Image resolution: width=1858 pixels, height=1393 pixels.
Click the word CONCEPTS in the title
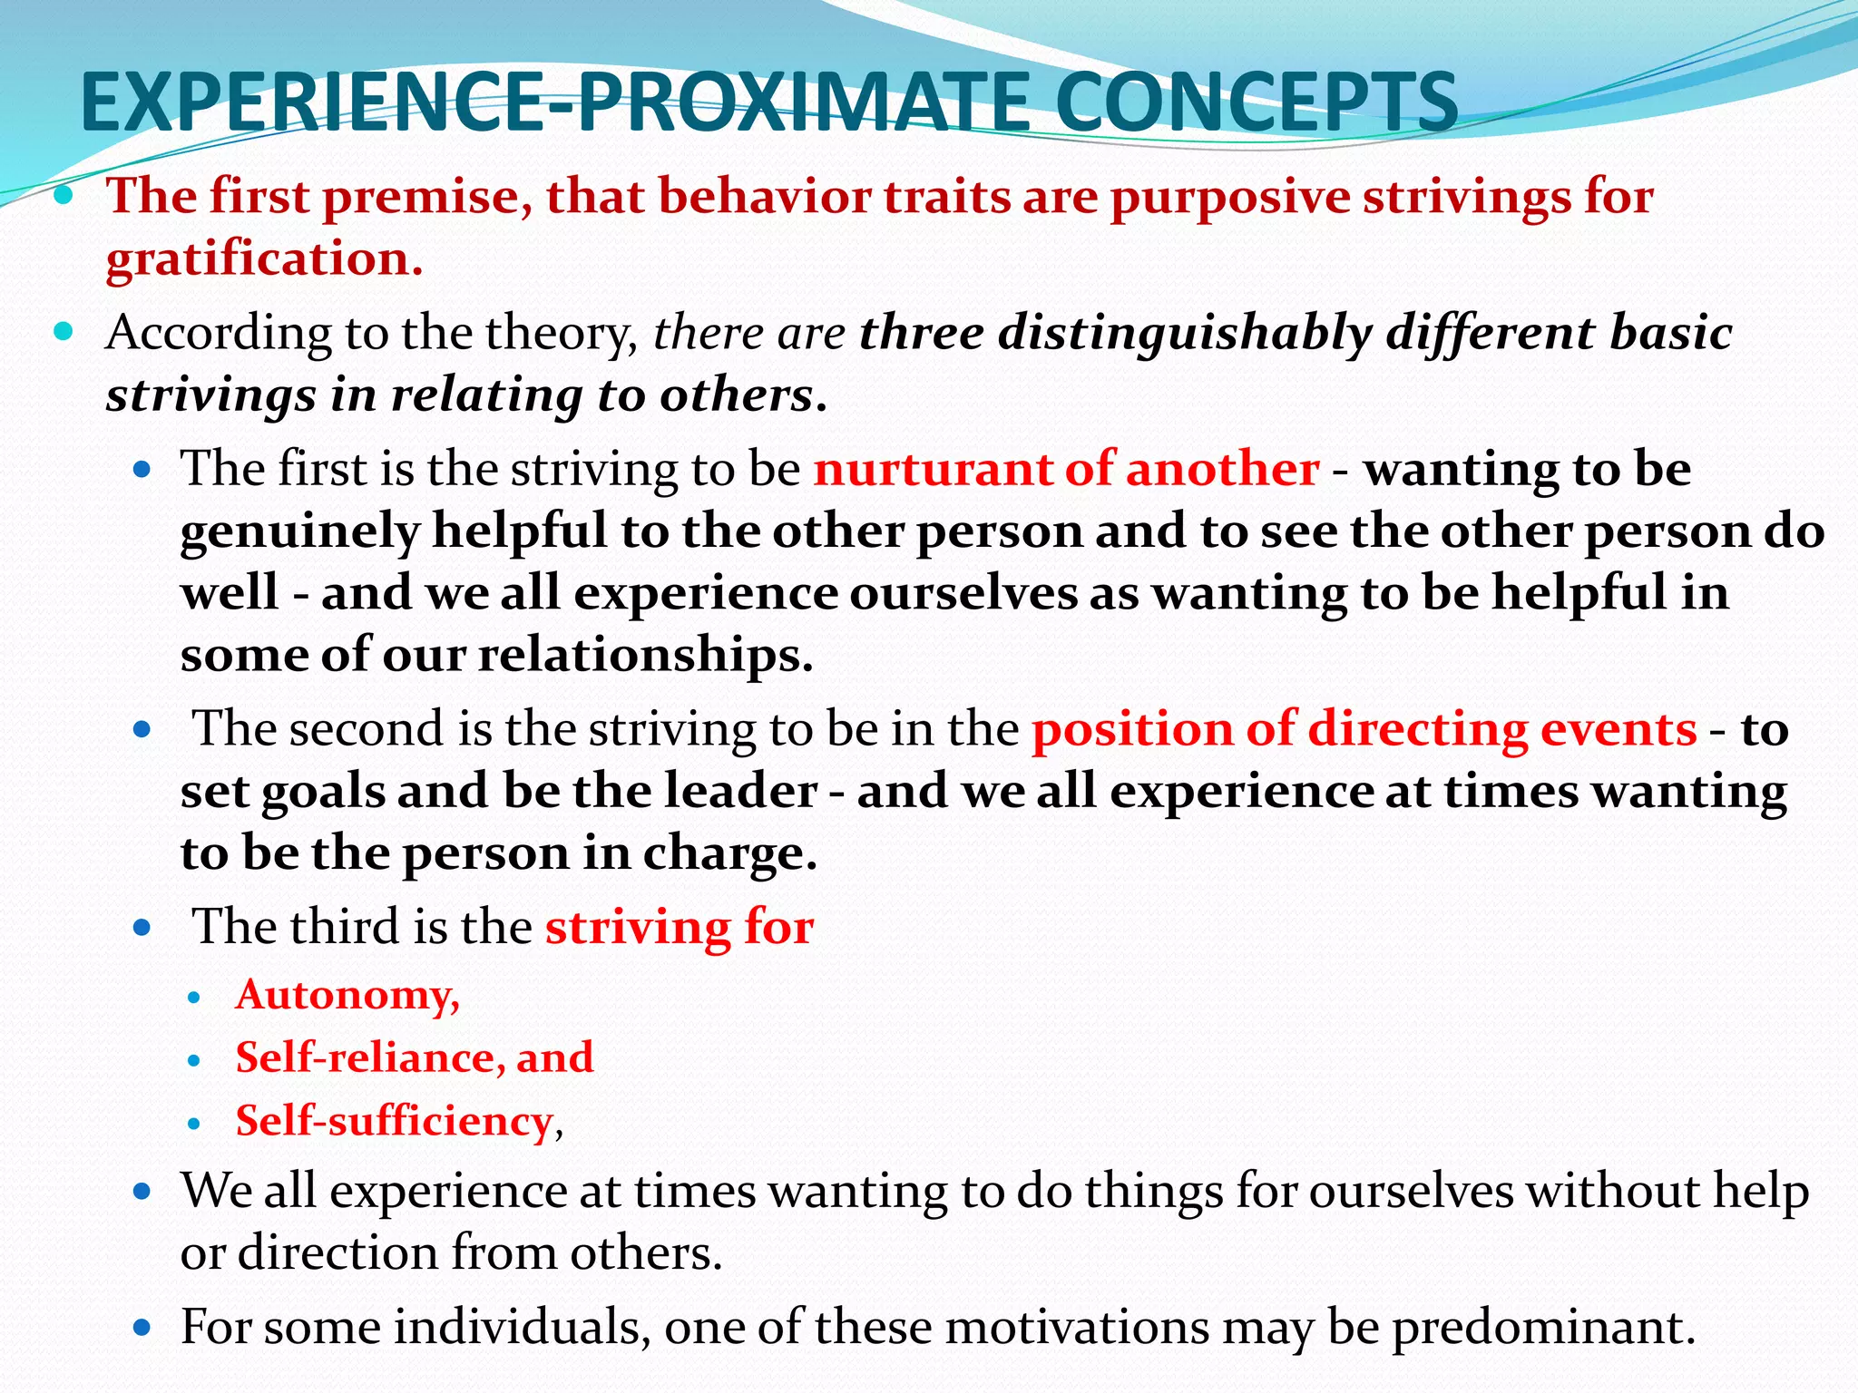(1257, 102)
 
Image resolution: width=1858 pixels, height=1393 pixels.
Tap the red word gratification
(264, 260)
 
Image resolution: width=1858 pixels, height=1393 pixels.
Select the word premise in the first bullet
(427, 197)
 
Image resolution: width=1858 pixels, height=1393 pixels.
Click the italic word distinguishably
(1185, 334)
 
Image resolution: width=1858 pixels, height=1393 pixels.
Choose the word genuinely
(299, 532)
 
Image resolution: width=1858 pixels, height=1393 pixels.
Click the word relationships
(645, 656)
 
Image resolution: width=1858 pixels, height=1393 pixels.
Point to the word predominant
(1543, 1328)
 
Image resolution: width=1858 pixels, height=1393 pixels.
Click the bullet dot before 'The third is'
(142, 929)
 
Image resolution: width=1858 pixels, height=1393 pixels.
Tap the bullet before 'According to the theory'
(63, 333)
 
